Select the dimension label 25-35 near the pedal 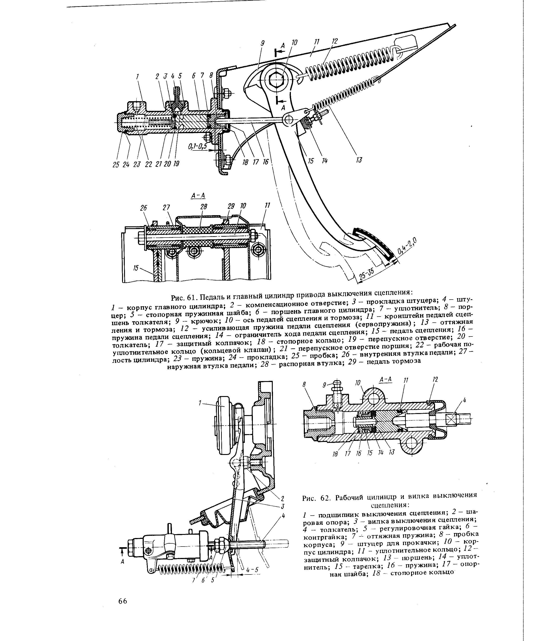366,274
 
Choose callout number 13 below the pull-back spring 359,160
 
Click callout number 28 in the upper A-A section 204,207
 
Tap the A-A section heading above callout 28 198,196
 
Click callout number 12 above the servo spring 335,41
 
